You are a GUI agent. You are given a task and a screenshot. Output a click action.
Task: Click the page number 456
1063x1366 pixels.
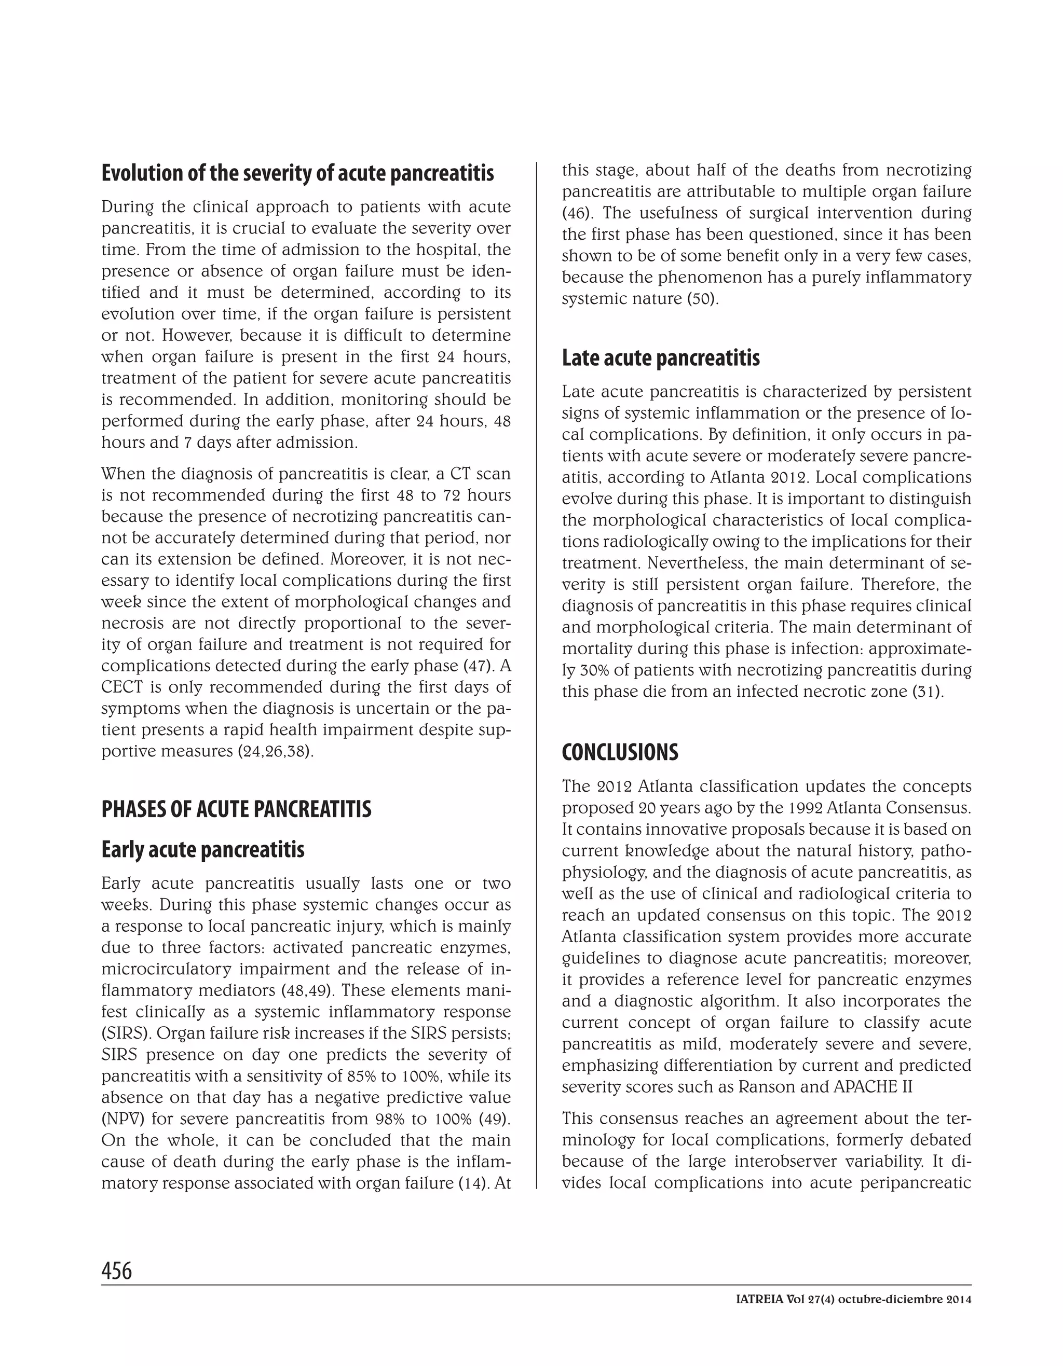(116, 1271)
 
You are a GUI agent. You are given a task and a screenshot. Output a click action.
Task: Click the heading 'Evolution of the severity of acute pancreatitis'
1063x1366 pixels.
(297, 173)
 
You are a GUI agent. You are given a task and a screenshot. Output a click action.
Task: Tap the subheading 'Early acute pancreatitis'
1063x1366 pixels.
(203, 849)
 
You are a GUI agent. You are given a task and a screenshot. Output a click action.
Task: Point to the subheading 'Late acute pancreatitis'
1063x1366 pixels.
(660, 358)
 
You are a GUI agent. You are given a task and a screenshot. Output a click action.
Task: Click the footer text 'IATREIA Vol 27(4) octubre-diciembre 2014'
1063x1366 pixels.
(853, 1299)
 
